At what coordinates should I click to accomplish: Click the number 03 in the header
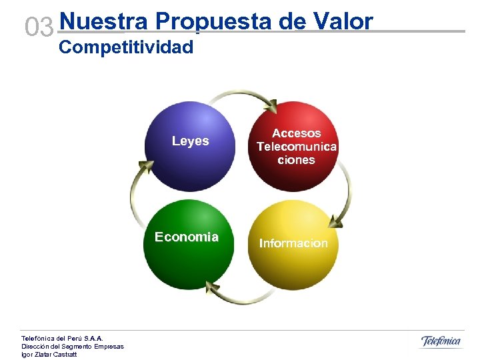pos(39,28)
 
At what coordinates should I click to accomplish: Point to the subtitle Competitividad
pos(126,47)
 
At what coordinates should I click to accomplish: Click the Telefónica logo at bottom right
pos(441,341)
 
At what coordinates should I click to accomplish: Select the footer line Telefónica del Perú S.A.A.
pos(63,339)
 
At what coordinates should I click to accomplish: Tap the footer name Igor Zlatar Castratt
pos(49,354)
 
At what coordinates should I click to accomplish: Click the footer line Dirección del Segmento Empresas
pos(72,346)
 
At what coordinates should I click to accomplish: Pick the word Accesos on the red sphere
pos(296,133)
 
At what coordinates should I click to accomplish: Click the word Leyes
pos(190,141)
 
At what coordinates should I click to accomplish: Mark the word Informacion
pos(293,243)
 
